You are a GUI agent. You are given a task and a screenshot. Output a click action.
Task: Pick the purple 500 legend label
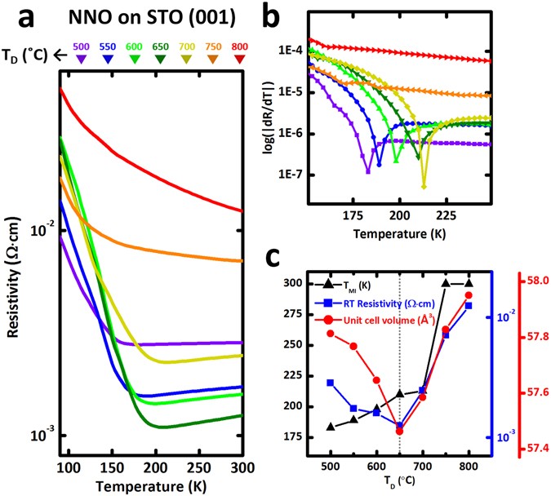102,46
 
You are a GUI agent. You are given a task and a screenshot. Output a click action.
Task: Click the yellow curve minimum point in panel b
424,187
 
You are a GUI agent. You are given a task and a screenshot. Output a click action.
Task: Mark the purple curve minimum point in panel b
368,170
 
